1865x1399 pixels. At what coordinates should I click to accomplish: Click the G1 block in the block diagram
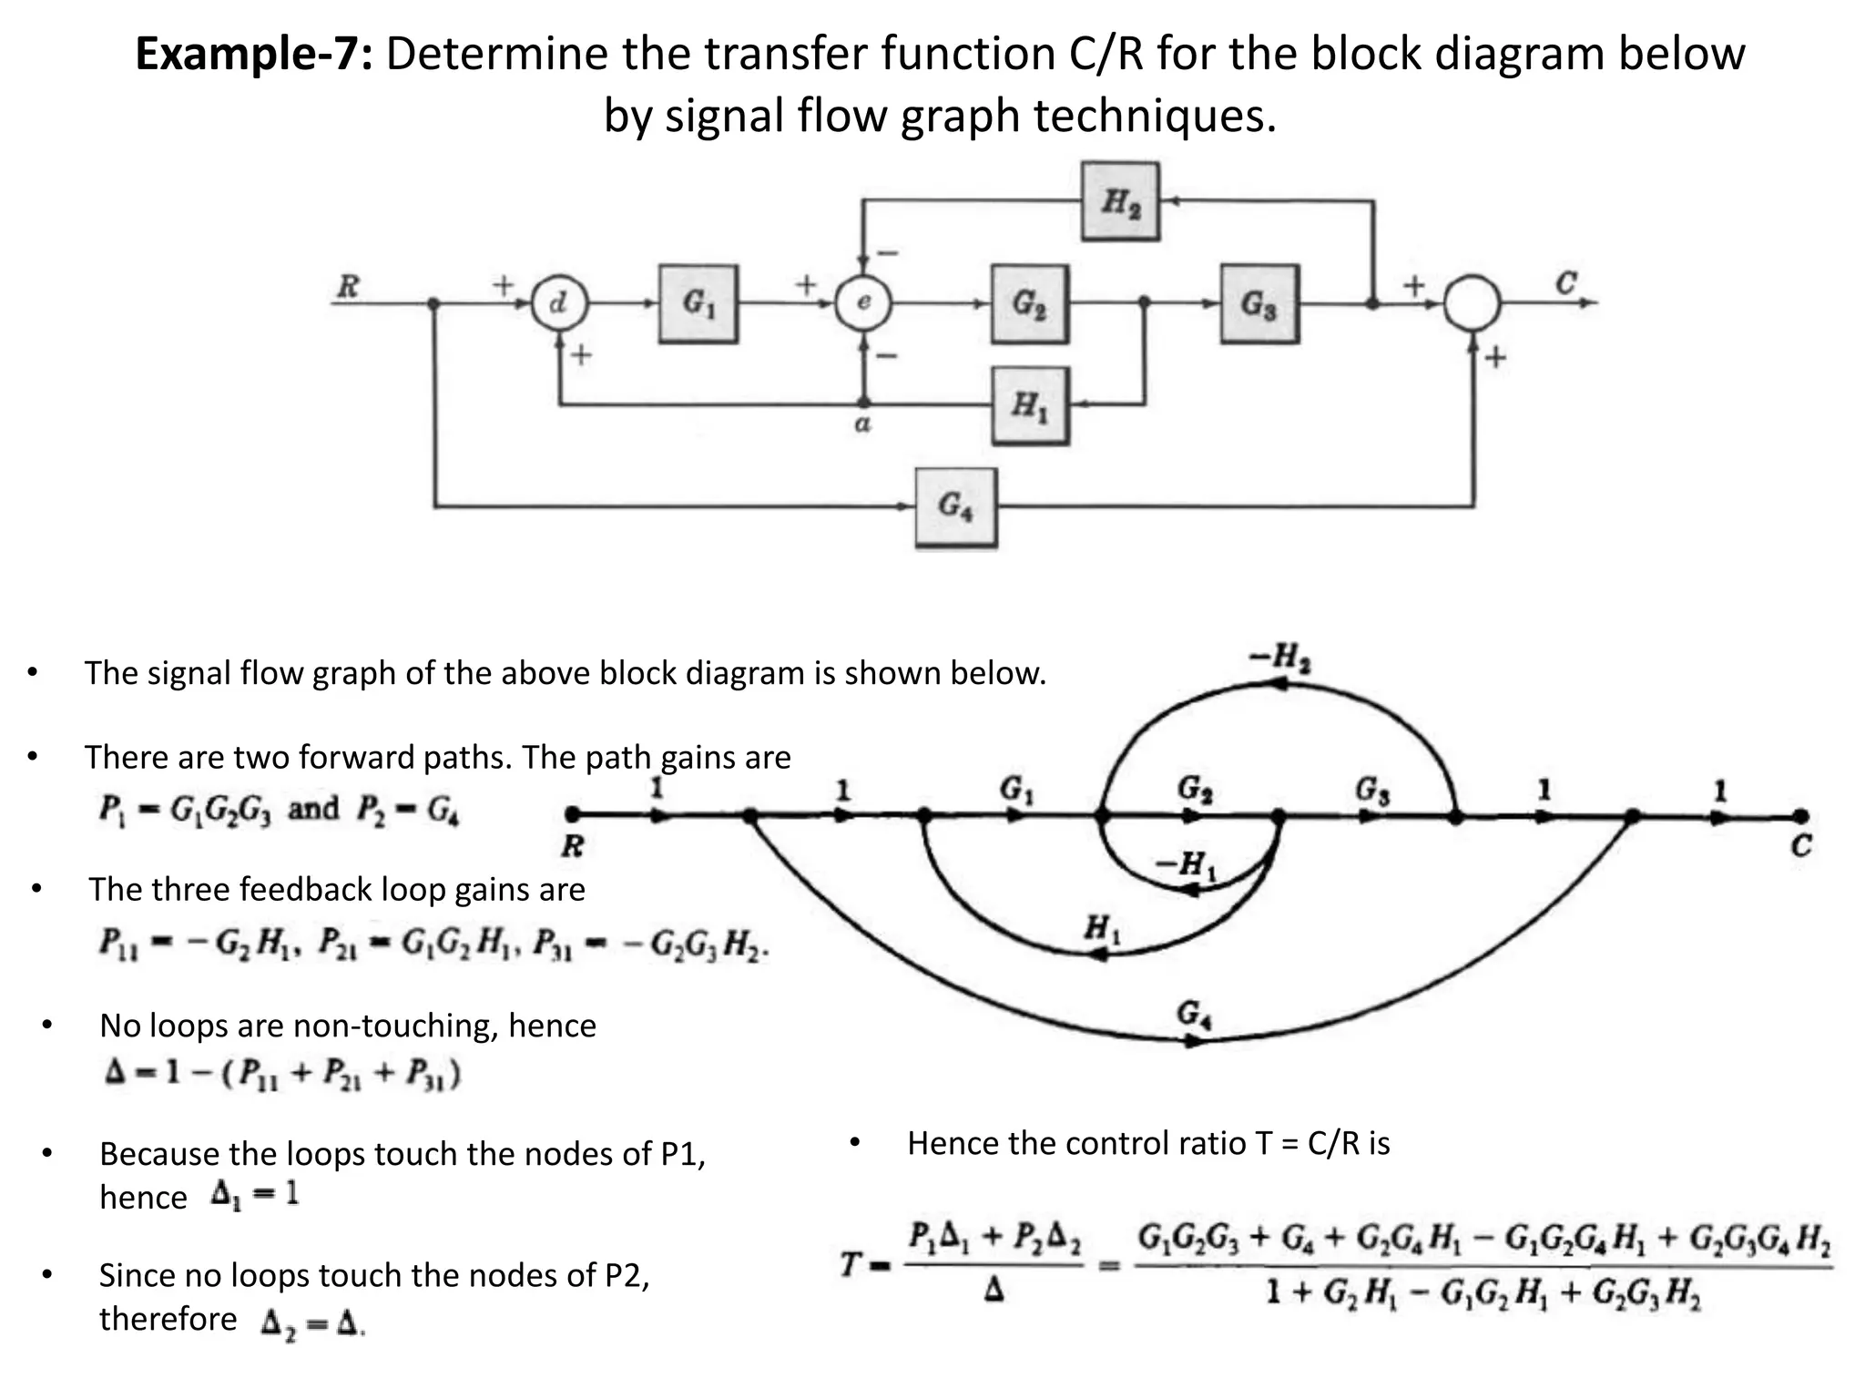click(x=698, y=303)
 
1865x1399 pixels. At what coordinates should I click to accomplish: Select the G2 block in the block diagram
click(x=1029, y=303)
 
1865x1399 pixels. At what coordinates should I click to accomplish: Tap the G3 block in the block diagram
click(x=1259, y=303)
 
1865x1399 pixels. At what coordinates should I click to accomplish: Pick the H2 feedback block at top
click(x=1120, y=201)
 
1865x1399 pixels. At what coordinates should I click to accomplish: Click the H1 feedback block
click(x=1030, y=405)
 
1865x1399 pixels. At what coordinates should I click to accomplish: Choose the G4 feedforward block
click(x=955, y=506)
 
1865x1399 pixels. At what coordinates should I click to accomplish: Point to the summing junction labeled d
click(x=559, y=303)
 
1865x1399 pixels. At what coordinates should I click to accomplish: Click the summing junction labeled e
click(x=863, y=303)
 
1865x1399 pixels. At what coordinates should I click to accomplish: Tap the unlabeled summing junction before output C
click(x=1473, y=303)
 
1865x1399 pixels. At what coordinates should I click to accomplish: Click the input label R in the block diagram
click(x=348, y=286)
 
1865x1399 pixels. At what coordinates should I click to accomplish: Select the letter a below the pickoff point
click(x=862, y=424)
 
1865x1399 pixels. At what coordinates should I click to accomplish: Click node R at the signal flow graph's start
click(x=572, y=814)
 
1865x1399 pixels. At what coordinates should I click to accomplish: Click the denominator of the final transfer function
click(x=1483, y=1294)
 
